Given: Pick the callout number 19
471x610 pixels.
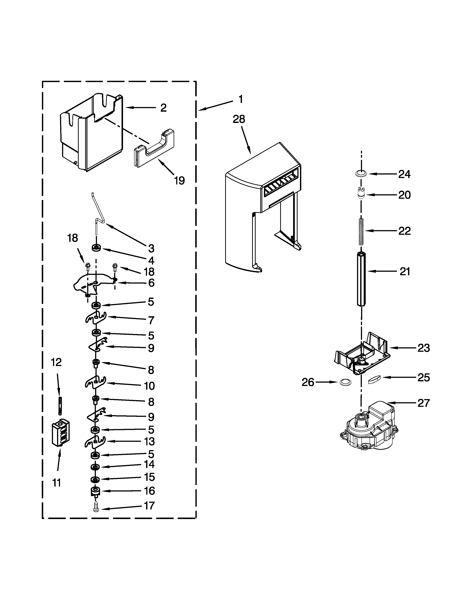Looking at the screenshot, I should tap(179, 181).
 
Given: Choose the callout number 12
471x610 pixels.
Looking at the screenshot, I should tap(56, 362).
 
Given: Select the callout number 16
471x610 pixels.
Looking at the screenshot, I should tap(150, 491).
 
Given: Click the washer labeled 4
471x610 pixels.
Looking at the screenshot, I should tap(96, 248).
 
